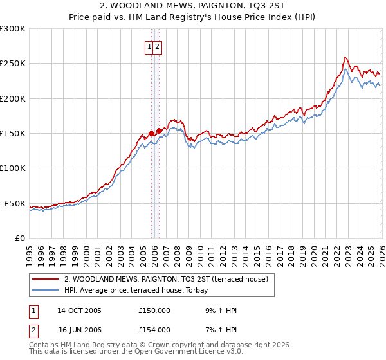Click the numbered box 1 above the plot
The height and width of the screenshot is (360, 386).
[x=149, y=46]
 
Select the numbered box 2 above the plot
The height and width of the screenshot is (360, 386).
[x=157, y=46]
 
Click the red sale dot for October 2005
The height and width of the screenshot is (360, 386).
[x=151, y=134]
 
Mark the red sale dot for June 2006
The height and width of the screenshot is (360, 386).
[x=159, y=130]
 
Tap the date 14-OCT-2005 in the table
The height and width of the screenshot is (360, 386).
[x=80, y=310]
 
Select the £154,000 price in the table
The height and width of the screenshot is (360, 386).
[x=154, y=330]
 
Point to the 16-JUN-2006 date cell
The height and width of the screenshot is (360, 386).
[x=79, y=330]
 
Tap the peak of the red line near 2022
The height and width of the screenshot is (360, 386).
[x=345, y=57]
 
